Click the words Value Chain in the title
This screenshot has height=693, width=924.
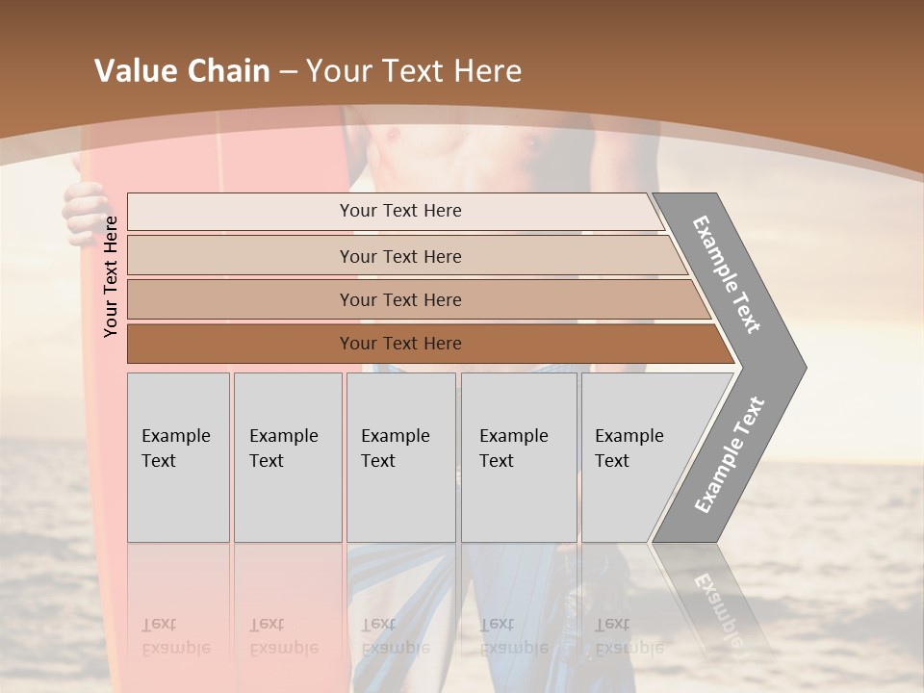coord(182,71)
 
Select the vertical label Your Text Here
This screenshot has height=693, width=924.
coord(111,276)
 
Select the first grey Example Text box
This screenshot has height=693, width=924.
coord(178,457)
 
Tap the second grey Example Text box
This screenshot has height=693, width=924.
coord(288,457)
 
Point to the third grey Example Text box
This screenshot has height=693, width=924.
coord(400,457)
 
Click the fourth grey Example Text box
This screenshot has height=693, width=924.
coord(519,457)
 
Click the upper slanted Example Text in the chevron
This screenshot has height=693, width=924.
coord(727,274)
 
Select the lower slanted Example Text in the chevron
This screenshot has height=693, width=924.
coord(730,454)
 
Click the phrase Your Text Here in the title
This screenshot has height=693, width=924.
coord(414,71)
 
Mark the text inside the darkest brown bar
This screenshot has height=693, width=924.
coord(400,344)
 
